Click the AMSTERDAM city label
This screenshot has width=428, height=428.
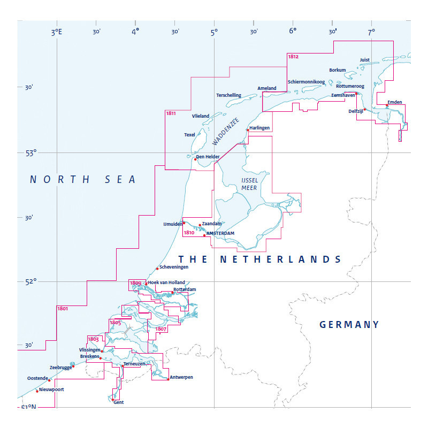[220, 234]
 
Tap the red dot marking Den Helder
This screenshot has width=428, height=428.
[195, 159]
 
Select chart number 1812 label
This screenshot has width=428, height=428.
[293, 56]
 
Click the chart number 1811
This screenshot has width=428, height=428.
[171, 113]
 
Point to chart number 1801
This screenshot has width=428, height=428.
[62, 309]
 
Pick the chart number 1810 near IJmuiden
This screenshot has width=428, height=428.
[188, 233]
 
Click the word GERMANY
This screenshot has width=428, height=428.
[349, 325]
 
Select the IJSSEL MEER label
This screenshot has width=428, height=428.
[249, 184]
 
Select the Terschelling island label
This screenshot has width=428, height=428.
[228, 95]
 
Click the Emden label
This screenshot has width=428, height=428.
[394, 102]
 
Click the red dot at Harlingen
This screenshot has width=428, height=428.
[248, 129]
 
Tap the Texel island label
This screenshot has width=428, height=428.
[189, 135]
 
